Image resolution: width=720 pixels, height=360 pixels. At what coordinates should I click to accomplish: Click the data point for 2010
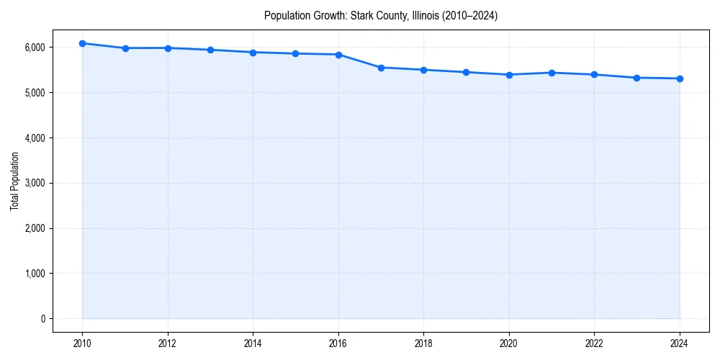pos(83,43)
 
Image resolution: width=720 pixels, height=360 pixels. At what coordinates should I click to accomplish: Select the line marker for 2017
pos(382,68)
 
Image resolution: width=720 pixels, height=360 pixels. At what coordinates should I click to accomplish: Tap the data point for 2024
pos(680,78)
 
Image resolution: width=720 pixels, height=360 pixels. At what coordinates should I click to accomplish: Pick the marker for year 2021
pos(552,73)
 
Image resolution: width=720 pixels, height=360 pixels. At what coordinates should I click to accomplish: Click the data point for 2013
pos(210,50)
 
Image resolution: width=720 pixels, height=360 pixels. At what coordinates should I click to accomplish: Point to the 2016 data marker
pos(338,55)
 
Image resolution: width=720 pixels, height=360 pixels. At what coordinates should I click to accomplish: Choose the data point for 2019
pos(467,72)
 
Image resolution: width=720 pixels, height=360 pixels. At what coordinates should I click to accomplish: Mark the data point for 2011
pos(125,48)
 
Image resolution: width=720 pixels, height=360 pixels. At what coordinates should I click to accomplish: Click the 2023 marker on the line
pos(637,78)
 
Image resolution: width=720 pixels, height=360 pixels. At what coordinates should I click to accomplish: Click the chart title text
pos(381,15)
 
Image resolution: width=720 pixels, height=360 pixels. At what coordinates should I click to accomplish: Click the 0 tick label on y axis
pos(42,319)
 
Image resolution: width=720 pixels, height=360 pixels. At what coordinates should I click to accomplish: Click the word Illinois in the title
pos(418,15)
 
